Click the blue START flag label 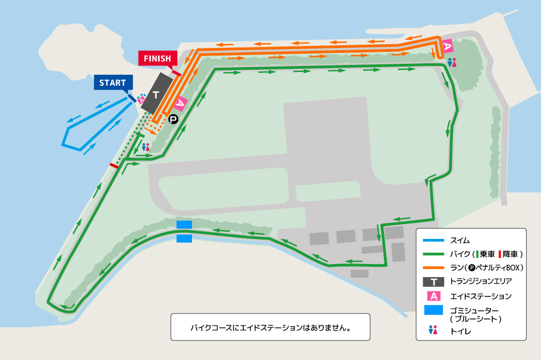tap(113, 83)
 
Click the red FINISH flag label tap(158, 58)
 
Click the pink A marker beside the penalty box tap(181, 103)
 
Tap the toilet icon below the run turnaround tap(451, 62)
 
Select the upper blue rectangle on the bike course tap(184, 225)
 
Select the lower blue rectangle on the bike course tap(184, 238)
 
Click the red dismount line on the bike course tap(114, 165)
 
